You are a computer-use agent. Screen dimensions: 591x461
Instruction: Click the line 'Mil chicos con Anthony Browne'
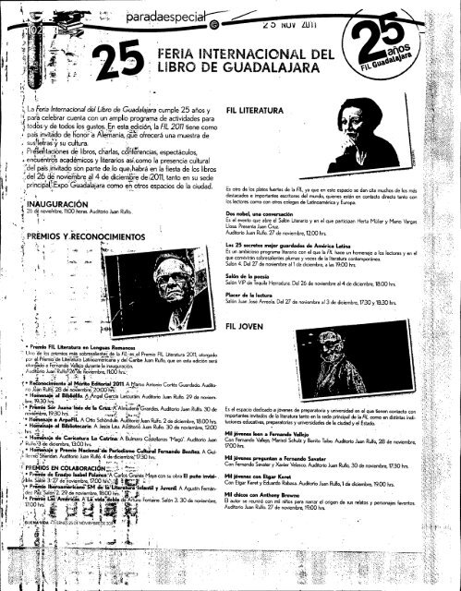click(x=273, y=519)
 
